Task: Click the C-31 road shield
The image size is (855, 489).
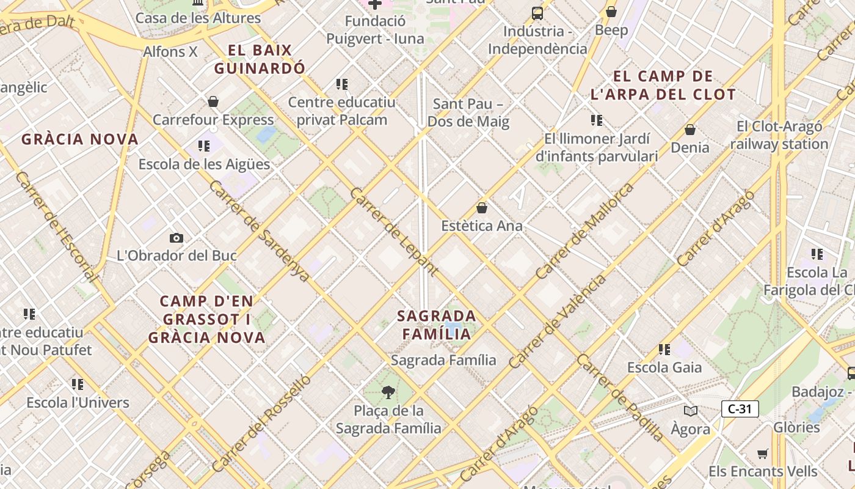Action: click(740, 409)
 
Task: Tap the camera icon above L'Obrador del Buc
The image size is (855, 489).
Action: click(176, 238)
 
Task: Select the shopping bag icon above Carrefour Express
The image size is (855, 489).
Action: click(213, 101)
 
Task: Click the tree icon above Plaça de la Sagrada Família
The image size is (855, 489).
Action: click(388, 392)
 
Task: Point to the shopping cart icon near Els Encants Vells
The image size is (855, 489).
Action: click(762, 454)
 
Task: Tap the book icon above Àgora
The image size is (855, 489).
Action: click(691, 411)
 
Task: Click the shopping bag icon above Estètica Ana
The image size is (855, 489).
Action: click(482, 208)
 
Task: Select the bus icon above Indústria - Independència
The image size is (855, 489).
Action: click(537, 13)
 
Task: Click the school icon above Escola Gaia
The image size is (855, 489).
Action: click(664, 350)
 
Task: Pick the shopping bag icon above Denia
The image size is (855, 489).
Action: click(690, 130)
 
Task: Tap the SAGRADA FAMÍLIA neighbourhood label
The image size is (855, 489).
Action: click(437, 325)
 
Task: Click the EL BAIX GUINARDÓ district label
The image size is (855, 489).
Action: click(259, 59)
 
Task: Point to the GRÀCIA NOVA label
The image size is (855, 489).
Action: click(80, 139)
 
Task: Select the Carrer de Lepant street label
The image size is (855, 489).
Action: click(394, 232)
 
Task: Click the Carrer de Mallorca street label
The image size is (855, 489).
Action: click(584, 231)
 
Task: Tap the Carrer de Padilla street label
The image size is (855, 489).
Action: click(619, 398)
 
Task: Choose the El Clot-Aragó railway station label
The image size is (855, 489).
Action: click(779, 136)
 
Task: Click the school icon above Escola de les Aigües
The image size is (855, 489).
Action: click(204, 146)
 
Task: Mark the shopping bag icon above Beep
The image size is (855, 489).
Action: click(611, 12)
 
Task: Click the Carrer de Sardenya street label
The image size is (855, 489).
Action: click(259, 231)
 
